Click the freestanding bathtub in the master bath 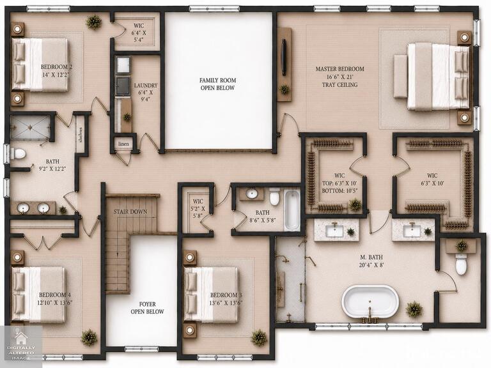click(x=370, y=302)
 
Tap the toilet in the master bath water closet click(x=461, y=264)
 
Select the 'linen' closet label click(x=123, y=144)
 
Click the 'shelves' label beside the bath click(x=81, y=135)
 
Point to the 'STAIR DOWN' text click(x=130, y=212)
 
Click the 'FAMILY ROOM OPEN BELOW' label click(x=217, y=84)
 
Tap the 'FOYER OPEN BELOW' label click(x=147, y=308)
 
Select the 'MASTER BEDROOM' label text click(x=339, y=69)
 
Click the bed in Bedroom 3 click(x=212, y=295)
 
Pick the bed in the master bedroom click(x=432, y=77)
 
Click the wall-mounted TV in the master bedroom click(x=284, y=57)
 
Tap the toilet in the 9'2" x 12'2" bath click(x=18, y=153)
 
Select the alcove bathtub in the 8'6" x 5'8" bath click(x=292, y=210)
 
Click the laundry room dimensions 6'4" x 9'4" click(x=146, y=96)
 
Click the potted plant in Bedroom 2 click(x=93, y=22)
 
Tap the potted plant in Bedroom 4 click(x=89, y=337)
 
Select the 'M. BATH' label click(x=371, y=257)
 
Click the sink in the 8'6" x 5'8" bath click(x=252, y=194)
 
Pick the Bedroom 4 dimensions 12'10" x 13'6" click(x=55, y=303)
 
